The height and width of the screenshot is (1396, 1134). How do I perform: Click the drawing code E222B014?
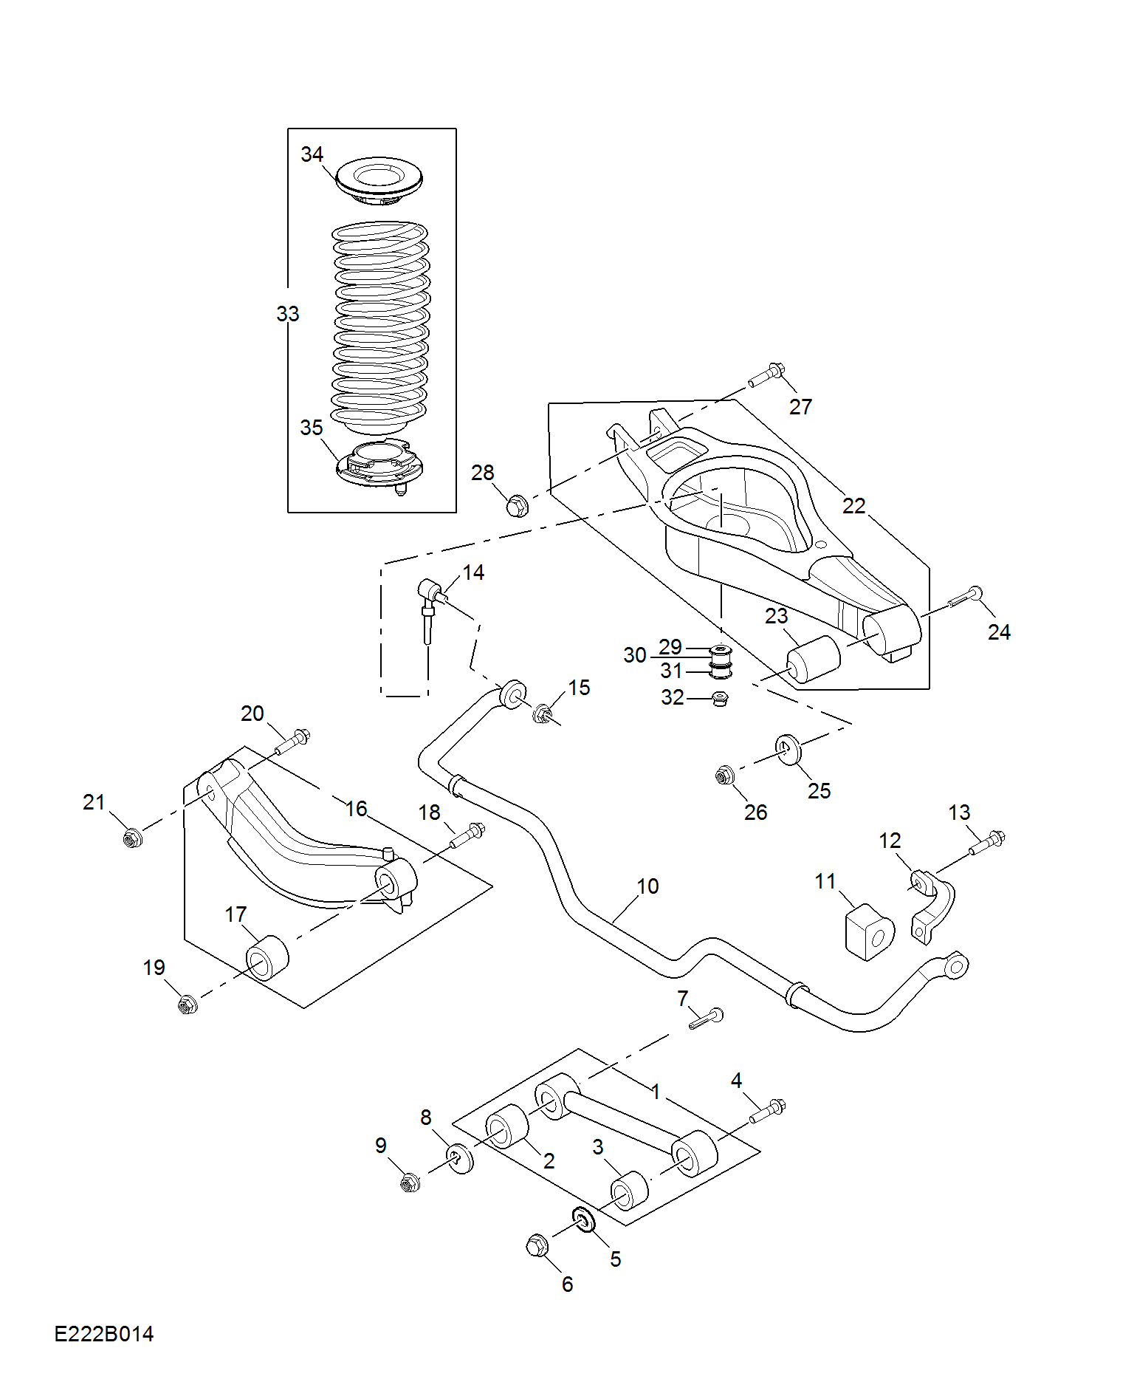point(104,1334)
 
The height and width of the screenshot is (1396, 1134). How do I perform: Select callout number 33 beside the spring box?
point(288,314)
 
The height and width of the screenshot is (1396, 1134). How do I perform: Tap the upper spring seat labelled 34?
point(379,180)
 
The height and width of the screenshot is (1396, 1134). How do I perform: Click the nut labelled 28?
point(517,507)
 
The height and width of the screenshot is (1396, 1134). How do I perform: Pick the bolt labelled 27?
point(766,375)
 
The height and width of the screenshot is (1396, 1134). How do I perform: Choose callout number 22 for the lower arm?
point(854,506)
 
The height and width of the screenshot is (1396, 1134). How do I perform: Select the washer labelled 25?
point(788,750)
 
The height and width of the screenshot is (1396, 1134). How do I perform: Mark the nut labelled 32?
point(720,697)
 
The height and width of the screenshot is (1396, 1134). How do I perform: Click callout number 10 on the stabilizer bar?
point(647,886)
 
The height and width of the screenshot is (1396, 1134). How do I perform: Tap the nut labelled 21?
point(132,838)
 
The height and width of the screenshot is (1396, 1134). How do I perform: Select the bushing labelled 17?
point(267,959)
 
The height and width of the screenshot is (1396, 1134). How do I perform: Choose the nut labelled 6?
point(537,1246)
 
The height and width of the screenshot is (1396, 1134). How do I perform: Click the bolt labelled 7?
point(707,1019)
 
